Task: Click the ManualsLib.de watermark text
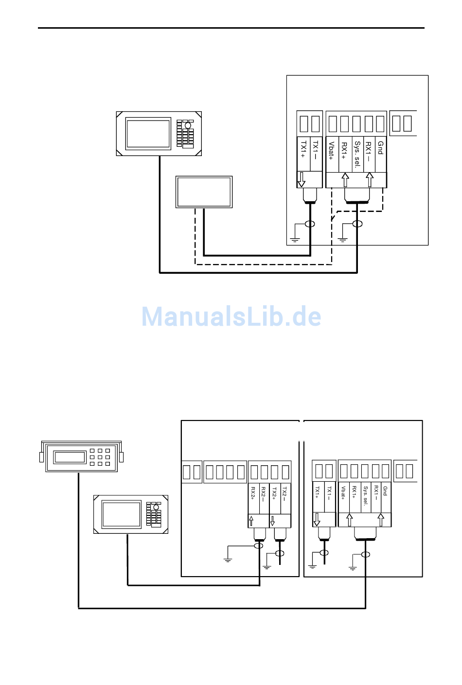click(x=231, y=316)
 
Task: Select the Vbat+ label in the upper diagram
click(x=332, y=151)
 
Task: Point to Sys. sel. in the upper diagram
click(x=357, y=155)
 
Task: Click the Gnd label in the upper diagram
click(x=381, y=148)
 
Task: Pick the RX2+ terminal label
click(x=253, y=492)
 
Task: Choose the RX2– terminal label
click(x=264, y=493)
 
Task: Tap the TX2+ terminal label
click(x=274, y=493)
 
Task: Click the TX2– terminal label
click(x=285, y=492)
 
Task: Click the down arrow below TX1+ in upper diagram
click(x=302, y=179)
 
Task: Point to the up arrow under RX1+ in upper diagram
click(x=345, y=179)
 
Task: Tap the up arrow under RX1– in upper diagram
click(x=370, y=179)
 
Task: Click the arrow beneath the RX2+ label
click(x=251, y=521)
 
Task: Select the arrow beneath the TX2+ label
click(x=272, y=521)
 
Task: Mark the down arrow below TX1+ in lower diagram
click(x=317, y=519)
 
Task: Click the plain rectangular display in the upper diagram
click(x=204, y=192)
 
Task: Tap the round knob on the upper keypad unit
click(x=188, y=125)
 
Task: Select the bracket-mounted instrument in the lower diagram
click(x=81, y=457)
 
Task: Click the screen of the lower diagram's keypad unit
click(x=122, y=515)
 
